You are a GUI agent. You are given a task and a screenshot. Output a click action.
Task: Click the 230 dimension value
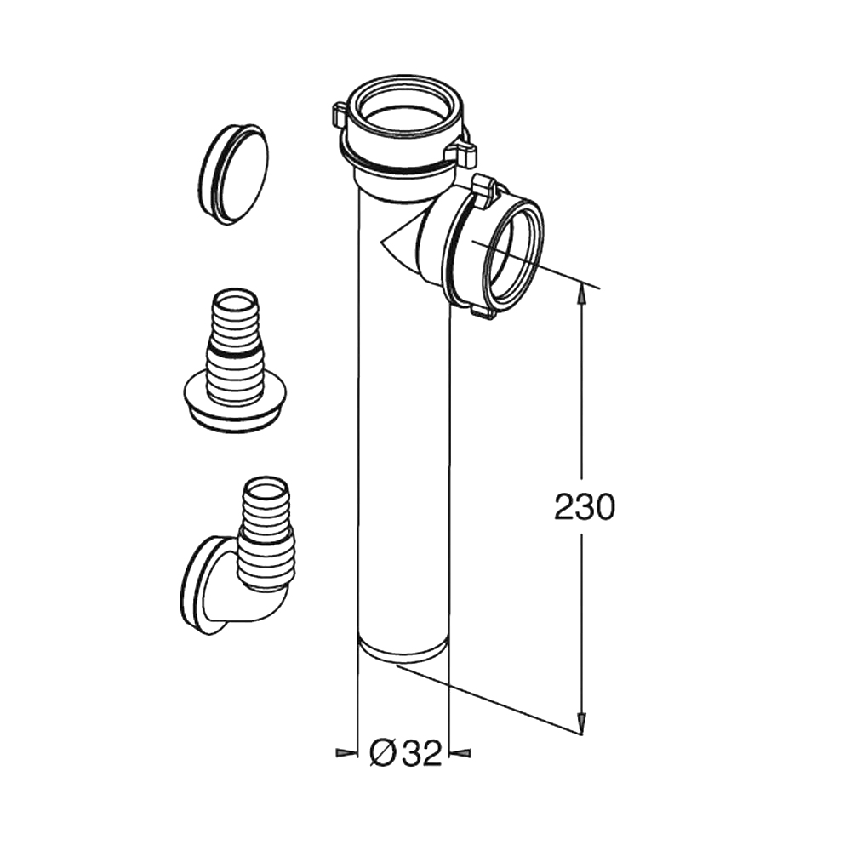585,508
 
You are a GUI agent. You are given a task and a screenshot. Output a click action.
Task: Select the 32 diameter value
422,753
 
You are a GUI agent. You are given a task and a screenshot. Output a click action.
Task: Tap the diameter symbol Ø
382,753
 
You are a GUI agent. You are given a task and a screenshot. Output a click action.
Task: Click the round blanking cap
234,174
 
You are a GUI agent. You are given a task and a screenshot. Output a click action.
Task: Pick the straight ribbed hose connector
235,361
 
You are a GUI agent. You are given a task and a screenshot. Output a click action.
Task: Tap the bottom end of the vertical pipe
403,650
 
